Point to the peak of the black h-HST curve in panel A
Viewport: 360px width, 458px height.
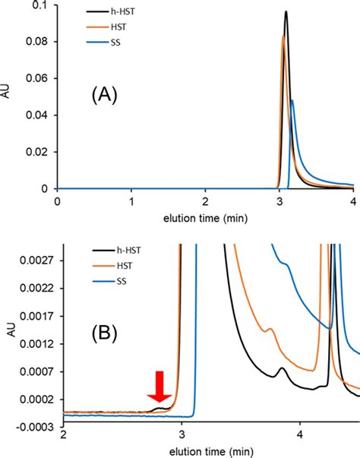(286, 11)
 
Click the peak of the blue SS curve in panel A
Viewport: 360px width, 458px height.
(292, 100)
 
